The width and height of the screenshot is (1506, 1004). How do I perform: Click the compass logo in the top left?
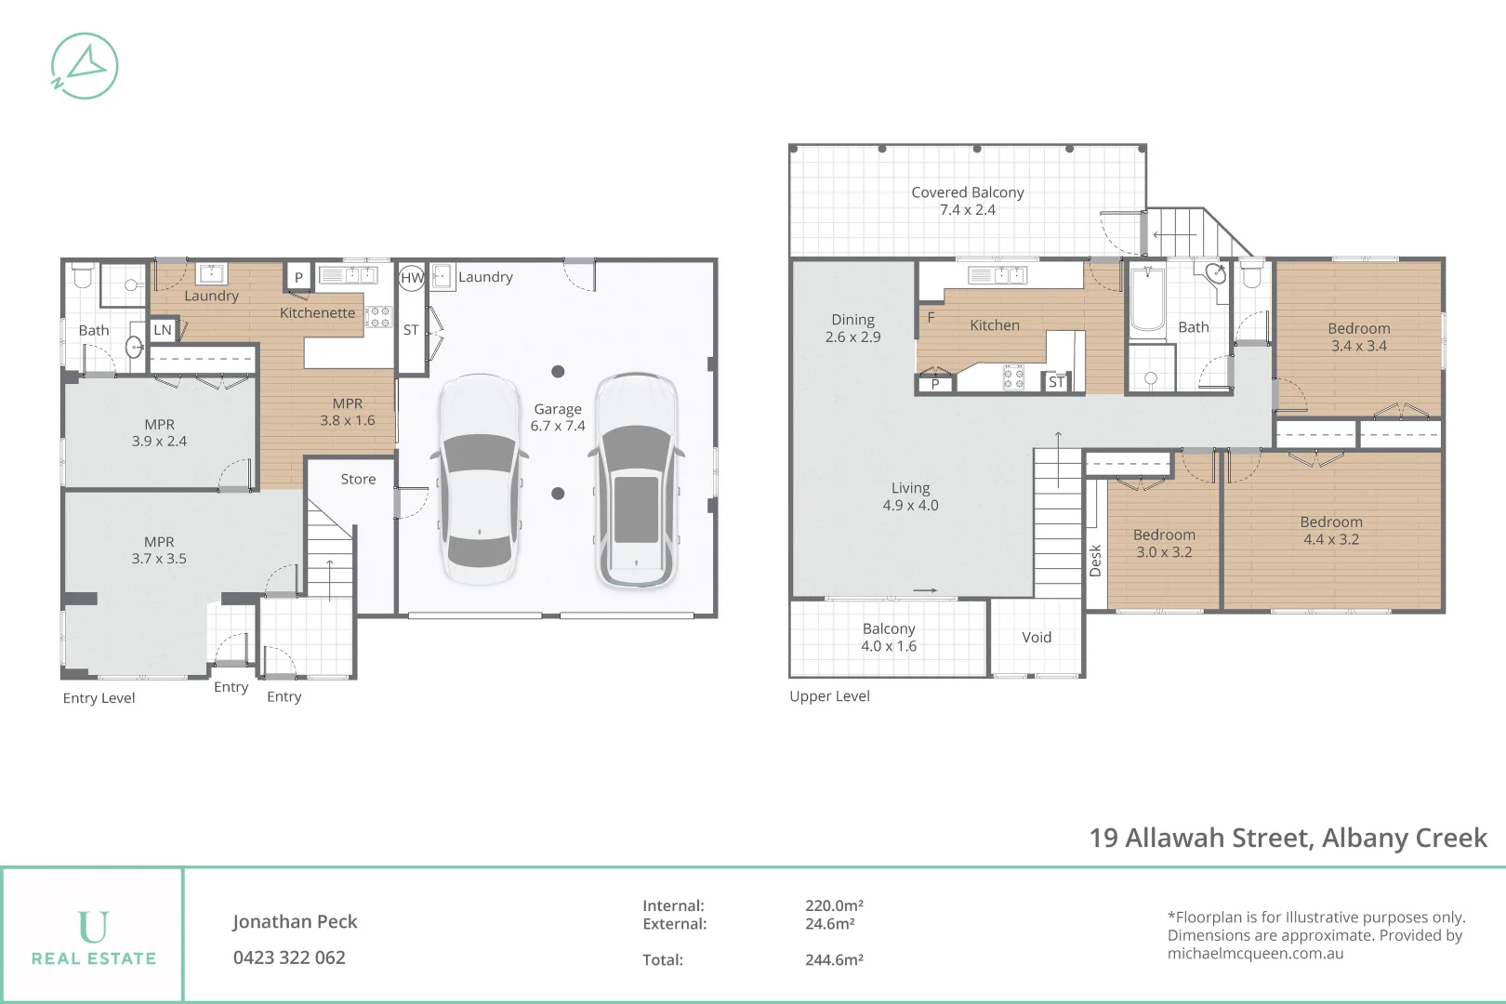pos(84,66)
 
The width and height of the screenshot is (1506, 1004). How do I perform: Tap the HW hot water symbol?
pos(412,277)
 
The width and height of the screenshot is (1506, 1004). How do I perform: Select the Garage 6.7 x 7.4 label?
pos(558,417)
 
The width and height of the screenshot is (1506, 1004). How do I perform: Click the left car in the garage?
pos(479,479)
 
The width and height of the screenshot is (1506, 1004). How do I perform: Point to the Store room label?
pos(358,480)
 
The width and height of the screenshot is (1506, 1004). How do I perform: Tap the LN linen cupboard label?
pos(163,330)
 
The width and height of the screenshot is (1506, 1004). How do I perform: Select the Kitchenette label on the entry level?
pos(317,313)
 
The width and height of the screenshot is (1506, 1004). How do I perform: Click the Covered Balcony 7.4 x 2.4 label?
pos(967,201)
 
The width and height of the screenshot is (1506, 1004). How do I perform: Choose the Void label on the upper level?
pos(1037,638)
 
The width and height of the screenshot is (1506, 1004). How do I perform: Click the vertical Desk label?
pos(1095,561)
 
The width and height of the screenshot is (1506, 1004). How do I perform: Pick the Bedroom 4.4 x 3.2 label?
pos(1331,531)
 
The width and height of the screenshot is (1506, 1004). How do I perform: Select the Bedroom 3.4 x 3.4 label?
pos(1358,337)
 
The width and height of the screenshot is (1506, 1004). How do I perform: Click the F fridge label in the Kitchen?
pos(931,317)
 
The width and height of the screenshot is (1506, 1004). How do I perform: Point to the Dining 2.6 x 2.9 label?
pos(852,328)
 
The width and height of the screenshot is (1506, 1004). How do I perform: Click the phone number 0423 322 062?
pos(289,958)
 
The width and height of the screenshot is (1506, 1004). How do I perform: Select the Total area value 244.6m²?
pos(834,960)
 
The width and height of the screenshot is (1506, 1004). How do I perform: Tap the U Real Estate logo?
pos(93,937)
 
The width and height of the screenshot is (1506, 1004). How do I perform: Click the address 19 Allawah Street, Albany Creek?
pos(1288,839)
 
